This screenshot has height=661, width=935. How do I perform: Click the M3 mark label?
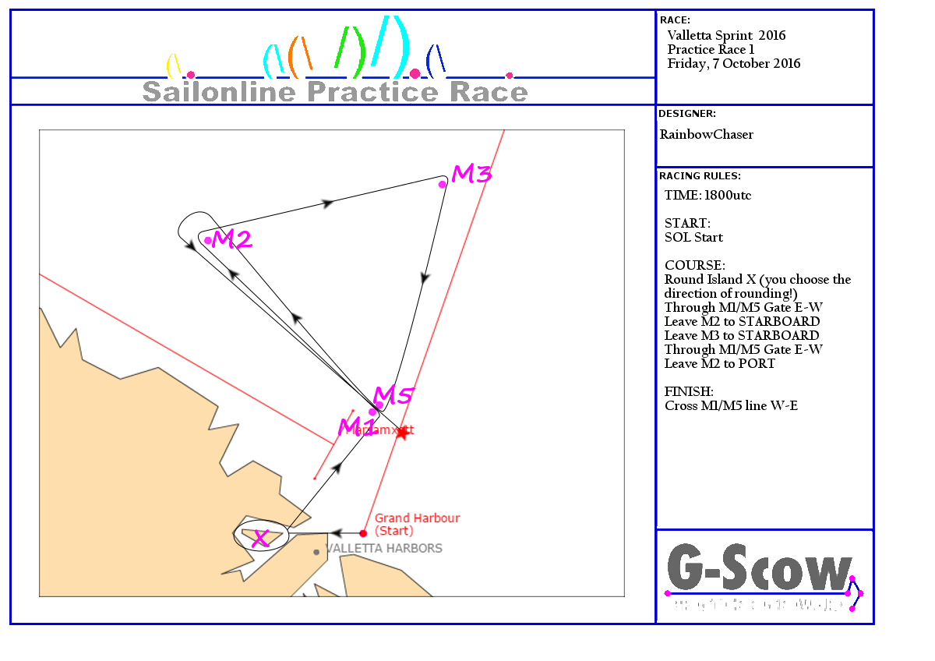(472, 175)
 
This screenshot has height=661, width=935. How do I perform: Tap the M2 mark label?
(233, 240)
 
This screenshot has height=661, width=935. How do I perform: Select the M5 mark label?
(393, 396)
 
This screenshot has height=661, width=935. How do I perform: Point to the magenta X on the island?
(261, 538)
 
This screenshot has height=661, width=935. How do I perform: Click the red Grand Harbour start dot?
(363, 533)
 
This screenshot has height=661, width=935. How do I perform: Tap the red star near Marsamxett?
(401, 433)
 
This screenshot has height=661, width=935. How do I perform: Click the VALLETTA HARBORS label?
(384, 549)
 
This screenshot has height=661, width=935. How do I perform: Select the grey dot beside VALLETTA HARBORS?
(316, 552)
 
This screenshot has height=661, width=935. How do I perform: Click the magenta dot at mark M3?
(443, 184)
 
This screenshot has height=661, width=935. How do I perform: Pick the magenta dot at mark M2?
(208, 240)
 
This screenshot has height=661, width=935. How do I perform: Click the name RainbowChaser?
(707, 135)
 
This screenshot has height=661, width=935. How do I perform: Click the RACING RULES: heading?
(700, 176)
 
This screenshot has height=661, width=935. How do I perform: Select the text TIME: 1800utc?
(707, 196)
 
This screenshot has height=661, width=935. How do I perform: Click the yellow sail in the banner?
(174, 65)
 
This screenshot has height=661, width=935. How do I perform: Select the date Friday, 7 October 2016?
(734, 64)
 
